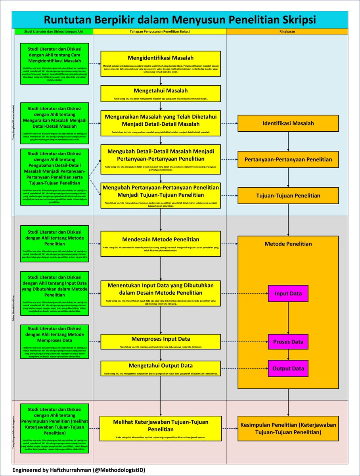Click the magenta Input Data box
288,294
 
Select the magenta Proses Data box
288,342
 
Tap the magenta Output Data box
288,369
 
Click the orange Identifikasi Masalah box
288,123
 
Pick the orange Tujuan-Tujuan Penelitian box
288,196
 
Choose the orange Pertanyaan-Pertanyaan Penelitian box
288,159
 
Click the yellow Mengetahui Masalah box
161,93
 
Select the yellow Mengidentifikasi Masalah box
161,63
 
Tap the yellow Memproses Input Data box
161,342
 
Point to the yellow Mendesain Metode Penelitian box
161,244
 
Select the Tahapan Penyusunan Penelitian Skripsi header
160,31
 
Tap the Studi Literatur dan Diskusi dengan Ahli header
54,31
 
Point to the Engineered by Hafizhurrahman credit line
79,470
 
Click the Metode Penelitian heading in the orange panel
288,244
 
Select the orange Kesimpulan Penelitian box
288,428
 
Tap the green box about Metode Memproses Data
55,342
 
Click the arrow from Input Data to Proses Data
288,317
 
